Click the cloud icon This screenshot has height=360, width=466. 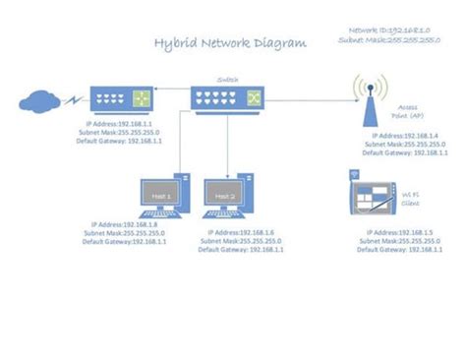click(x=38, y=99)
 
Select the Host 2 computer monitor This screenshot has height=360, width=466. click(x=225, y=199)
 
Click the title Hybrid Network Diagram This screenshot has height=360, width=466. click(x=230, y=44)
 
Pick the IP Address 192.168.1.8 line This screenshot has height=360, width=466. click(x=122, y=224)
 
